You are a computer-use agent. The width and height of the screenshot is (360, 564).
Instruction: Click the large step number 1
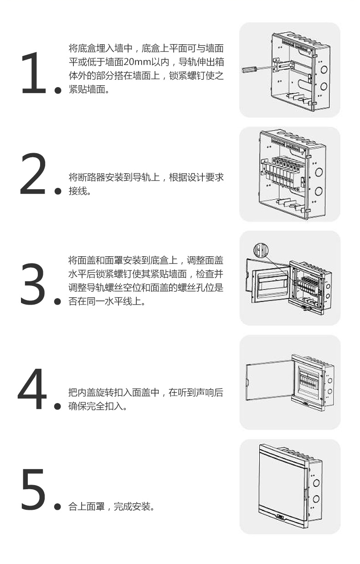(x=35, y=73)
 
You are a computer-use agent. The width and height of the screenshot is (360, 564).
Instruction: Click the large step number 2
(x=33, y=173)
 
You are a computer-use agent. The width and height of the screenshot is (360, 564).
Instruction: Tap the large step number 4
(x=32, y=388)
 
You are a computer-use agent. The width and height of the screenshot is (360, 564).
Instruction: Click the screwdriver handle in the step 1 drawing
(x=249, y=69)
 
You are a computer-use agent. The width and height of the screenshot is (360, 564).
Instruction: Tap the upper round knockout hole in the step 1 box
(x=324, y=70)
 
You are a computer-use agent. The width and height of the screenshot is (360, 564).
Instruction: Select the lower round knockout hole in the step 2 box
(x=319, y=191)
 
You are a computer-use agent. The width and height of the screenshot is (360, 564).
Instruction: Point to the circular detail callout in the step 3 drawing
(x=261, y=251)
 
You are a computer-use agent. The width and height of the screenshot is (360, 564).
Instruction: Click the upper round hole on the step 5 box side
(x=316, y=482)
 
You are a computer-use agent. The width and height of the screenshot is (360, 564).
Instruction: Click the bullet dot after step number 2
(x=58, y=191)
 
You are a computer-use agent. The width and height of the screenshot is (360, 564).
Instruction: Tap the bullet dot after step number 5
(x=57, y=507)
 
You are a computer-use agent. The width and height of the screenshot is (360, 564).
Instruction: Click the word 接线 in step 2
(x=78, y=191)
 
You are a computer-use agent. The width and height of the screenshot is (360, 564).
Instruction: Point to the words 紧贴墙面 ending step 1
(x=87, y=89)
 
